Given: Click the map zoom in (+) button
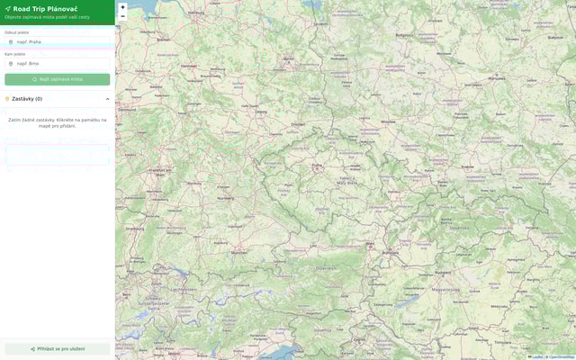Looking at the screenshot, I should pyautogui.click(x=122, y=7).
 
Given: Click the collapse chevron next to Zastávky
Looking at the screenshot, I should pyautogui.click(x=107, y=99).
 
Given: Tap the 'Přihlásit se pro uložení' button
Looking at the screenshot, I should pyautogui.click(x=58, y=348).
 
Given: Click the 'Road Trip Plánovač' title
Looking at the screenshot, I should pyautogui.click(x=45, y=8).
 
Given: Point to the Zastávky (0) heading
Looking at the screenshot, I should pyautogui.click(x=27, y=99).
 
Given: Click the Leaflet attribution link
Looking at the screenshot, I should pyautogui.click(x=535, y=357).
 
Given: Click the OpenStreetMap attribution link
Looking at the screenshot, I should pyautogui.click(x=561, y=357).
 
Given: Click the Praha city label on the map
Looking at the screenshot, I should pyautogui.click(x=317, y=166).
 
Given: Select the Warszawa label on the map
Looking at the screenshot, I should pyautogui.click(x=497, y=78).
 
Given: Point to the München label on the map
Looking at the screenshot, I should pyautogui.click(x=238, y=253).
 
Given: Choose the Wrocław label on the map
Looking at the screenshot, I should pyautogui.click(x=388, y=120).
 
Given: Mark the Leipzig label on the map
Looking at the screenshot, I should pyautogui.click(x=261, y=112).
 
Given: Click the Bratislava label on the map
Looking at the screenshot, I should pyautogui.click(x=390, y=253).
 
